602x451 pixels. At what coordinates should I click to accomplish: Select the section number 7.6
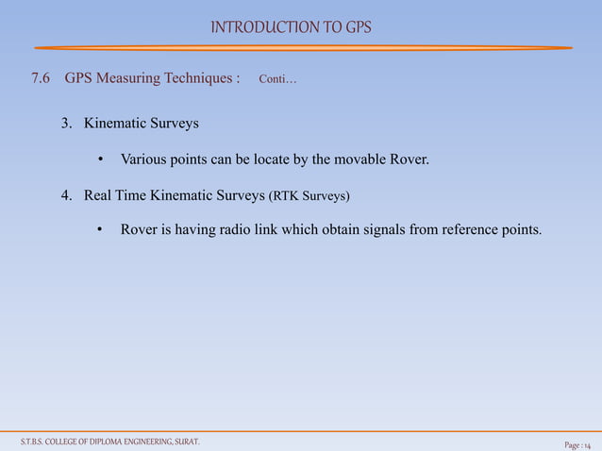click(42, 78)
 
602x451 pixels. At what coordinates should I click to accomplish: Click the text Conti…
click(276, 79)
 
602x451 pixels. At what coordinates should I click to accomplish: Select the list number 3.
click(66, 124)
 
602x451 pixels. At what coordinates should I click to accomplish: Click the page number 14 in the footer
click(588, 443)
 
